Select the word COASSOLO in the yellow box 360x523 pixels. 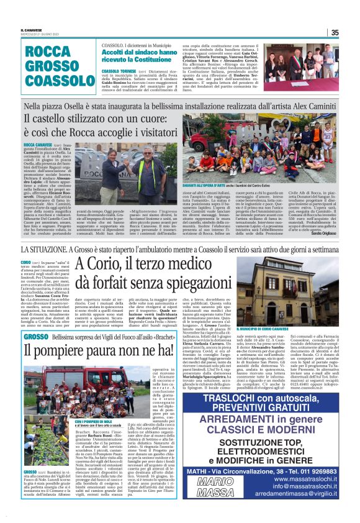coord(52,81)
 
